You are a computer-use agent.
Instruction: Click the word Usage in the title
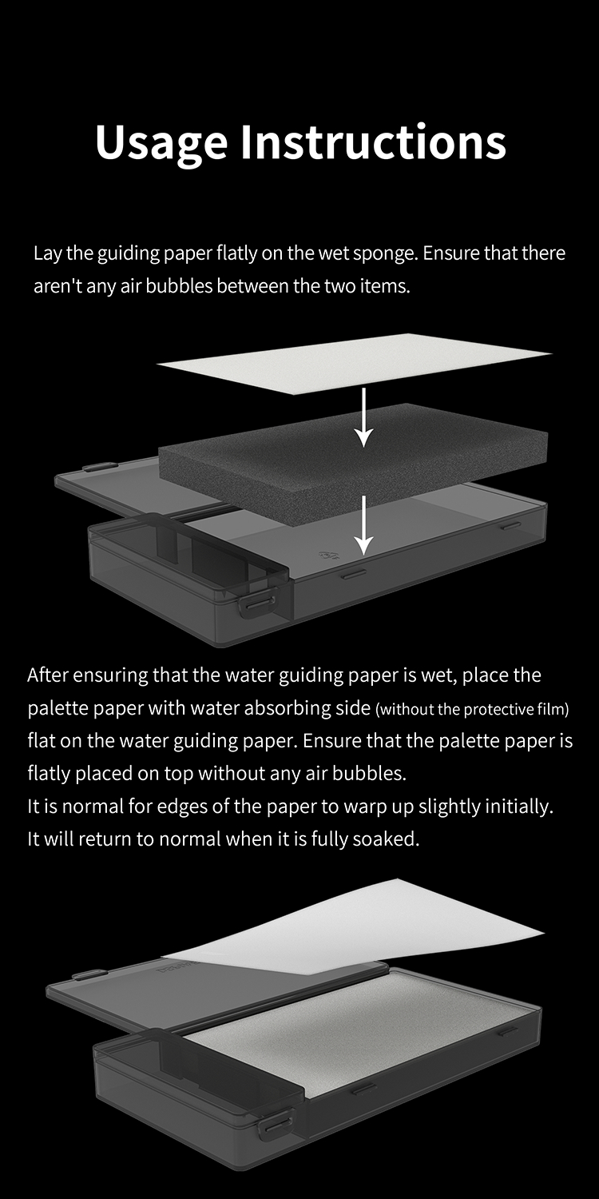[161, 143]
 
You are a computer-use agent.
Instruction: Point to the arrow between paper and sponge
[364, 417]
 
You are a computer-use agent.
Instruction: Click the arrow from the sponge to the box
[363, 525]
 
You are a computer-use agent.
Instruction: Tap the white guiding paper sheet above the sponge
[354, 364]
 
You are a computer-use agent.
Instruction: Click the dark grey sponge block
[354, 449]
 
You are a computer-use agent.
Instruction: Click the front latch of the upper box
[257, 603]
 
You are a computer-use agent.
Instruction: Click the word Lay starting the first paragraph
[48, 253]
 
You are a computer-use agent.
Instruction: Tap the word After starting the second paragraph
[47, 675]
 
